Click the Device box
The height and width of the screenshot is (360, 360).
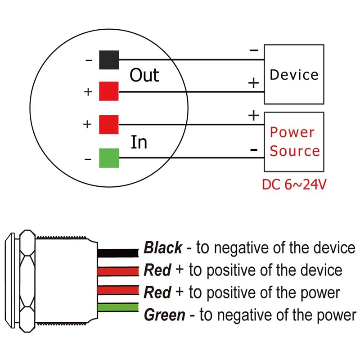294,74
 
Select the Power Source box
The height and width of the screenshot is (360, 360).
294,141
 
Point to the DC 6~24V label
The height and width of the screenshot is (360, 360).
293,184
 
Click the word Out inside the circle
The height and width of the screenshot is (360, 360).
144,75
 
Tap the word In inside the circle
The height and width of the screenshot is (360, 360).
139,142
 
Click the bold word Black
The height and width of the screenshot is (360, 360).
162,247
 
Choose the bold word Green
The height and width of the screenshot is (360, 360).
164,315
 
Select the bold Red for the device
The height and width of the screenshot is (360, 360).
157,270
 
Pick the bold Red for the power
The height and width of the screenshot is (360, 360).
157,292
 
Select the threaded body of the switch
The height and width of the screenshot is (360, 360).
67,279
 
